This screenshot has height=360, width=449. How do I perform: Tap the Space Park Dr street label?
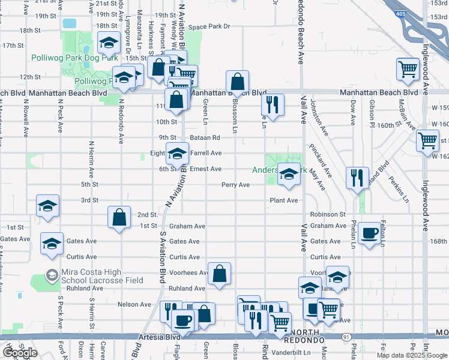[209, 27]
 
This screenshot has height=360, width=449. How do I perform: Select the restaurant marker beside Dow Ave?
[356, 178]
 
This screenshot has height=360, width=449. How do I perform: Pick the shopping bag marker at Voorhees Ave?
[220, 274]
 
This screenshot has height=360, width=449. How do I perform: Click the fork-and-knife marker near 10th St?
[273, 106]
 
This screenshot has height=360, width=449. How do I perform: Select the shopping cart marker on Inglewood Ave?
[427, 141]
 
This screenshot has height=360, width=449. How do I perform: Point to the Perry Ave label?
[235, 185]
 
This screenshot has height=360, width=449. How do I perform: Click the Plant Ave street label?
[283, 200]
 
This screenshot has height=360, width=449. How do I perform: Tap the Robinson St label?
[328, 214]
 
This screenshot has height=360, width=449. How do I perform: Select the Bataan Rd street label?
[205, 138]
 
